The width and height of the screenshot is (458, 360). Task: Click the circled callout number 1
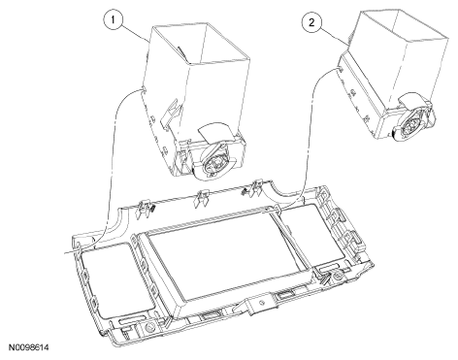(113, 20)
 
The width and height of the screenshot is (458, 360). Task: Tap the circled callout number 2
(311, 22)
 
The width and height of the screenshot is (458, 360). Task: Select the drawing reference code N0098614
(29, 347)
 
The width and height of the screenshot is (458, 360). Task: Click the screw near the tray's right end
(338, 276)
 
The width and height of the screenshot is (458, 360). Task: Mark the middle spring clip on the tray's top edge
(201, 198)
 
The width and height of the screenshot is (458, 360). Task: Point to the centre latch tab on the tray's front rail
(256, 305)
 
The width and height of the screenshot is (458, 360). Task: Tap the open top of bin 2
(405, 26)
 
